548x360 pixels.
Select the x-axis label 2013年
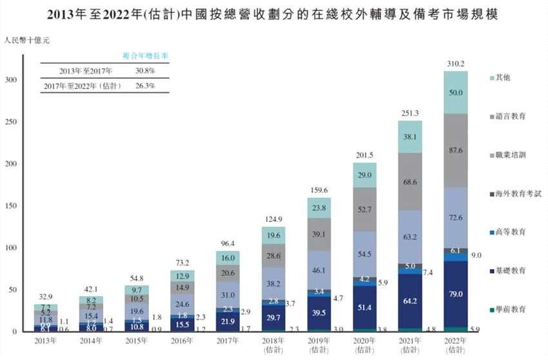coord(45,341)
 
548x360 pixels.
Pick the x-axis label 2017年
coord(227,341)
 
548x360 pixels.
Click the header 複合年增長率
coord(146,56)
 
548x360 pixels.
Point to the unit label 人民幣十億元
coord(26,41)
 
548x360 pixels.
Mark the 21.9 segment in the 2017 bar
coord(227,321)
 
